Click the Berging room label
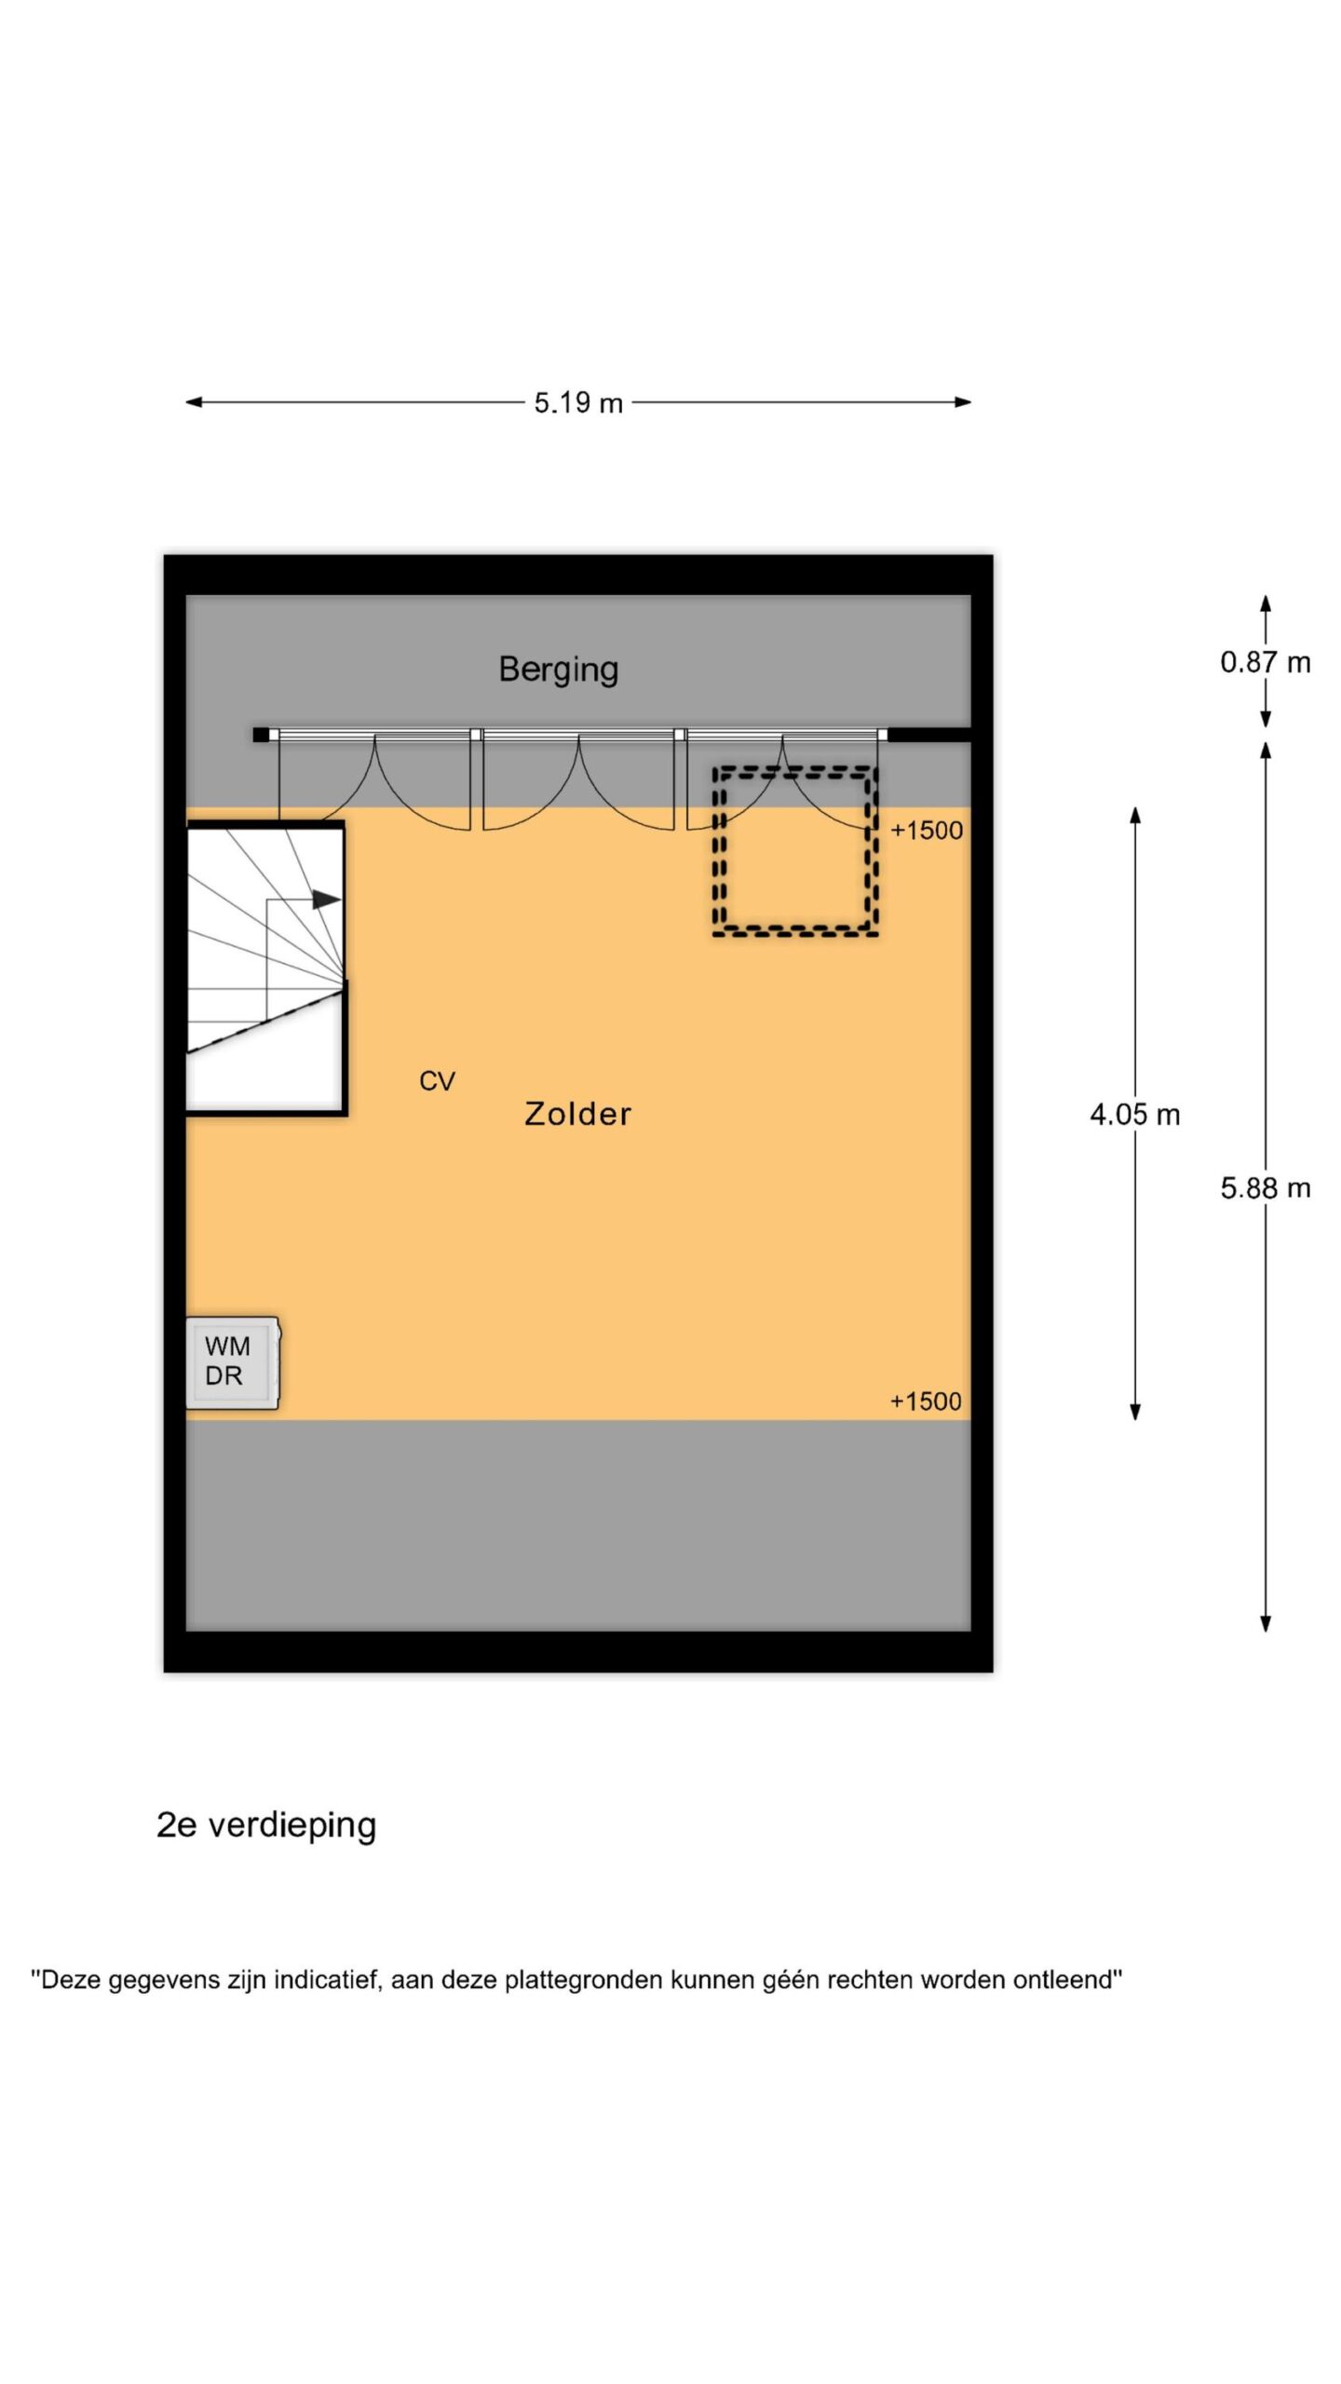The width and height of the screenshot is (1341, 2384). tap(558, 670)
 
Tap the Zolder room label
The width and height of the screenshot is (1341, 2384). tap(577, 1114)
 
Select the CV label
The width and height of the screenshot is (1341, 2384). tap(437, 1081)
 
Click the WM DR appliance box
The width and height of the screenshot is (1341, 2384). tap(232, 1361)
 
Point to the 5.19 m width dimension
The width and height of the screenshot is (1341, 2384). tap(577, 403)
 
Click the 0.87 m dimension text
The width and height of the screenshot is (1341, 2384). tap(1265, 662)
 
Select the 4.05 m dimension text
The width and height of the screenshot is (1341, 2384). tap(1134, 1115)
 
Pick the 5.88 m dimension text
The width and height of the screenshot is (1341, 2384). tap(1265, 1188)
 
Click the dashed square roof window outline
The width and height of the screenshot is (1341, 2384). tap(795, 850)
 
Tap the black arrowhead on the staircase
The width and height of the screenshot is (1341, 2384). tap(325, 900)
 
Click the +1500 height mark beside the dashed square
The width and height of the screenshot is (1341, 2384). tap(927, 831)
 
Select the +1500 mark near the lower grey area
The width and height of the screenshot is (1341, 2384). tap(926, 1402)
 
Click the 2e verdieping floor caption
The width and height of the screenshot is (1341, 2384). tap(266, 1824)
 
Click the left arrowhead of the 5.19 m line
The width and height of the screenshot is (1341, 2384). tap(193, 402)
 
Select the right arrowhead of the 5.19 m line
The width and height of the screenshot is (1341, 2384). tap(964, 402)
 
